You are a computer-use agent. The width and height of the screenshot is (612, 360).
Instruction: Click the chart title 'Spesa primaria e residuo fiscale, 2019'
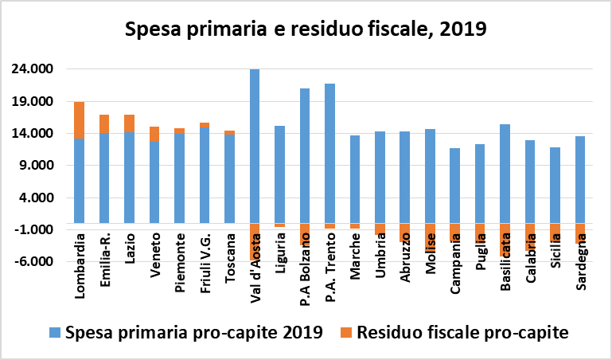306,30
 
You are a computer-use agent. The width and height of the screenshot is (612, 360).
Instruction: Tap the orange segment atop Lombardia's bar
80,119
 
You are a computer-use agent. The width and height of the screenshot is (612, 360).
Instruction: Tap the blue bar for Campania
455,185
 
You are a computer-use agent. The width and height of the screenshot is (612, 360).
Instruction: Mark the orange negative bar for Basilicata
505,239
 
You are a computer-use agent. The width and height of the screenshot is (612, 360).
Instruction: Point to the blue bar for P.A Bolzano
305,155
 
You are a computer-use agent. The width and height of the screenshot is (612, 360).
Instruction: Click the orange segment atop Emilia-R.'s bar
104,123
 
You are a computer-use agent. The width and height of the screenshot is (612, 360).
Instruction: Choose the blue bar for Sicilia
555,185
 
